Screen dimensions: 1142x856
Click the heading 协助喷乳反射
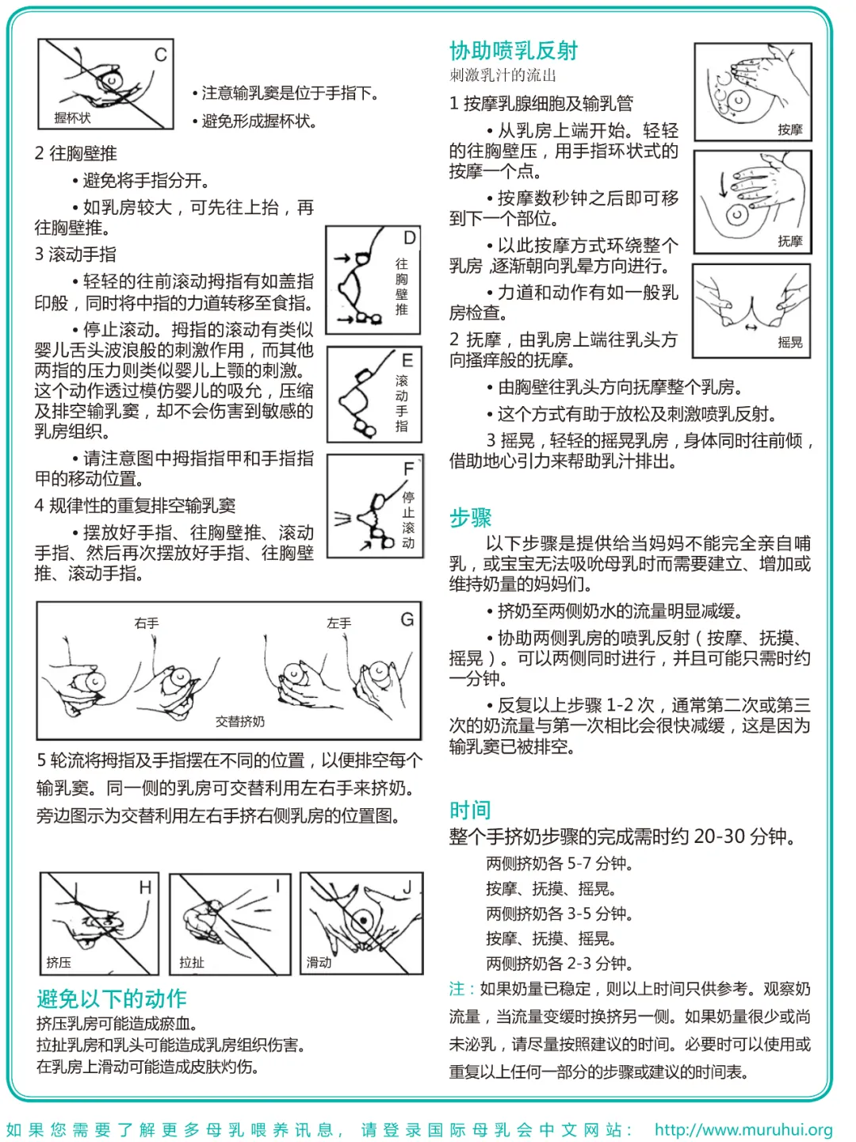click(514, 51)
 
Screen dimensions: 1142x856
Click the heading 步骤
click(470, 518)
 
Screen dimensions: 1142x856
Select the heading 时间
click(470, 810)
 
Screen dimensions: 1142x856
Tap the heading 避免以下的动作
click(112, 998)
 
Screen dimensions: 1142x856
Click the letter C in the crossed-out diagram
click(161, 55)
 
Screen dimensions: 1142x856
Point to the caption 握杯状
click(72, 118)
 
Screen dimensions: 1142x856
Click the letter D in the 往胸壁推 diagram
click(409, 238)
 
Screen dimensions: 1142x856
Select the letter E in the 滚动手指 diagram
click(407, 361)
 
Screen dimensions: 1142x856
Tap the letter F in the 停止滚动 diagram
click(408, 469)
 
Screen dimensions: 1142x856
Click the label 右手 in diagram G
click(147, 623)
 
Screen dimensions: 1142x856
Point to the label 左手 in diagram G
click(339, 623)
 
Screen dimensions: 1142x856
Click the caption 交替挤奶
click(240, 722)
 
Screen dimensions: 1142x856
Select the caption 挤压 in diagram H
click(59, 962)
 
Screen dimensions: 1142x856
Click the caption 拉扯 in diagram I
click(192, 962)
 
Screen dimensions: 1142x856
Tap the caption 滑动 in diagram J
click(319, 962)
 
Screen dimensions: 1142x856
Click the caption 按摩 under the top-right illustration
click(789, 129)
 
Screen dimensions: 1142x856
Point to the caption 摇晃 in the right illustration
click(789, 343)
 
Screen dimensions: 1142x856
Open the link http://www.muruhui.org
click(743, 1129)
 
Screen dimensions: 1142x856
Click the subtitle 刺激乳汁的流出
click(503, 75)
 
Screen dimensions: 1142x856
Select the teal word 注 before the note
click(457, 989)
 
